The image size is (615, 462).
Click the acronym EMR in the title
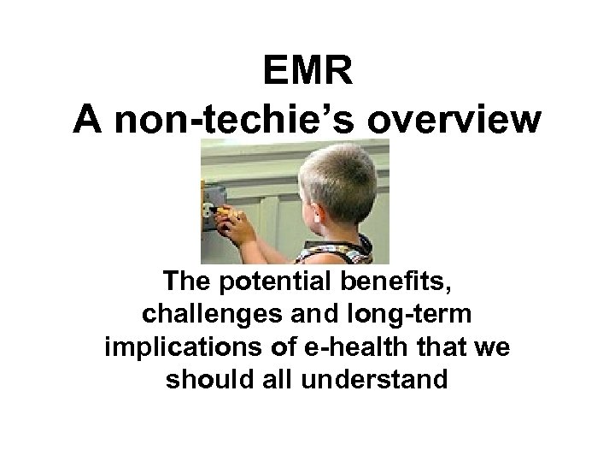pos(306,72)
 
